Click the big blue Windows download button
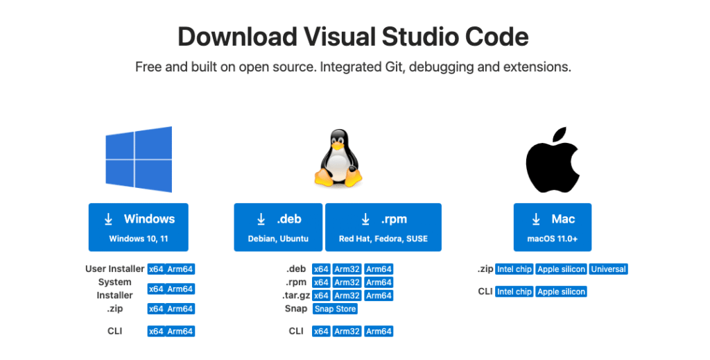coord(138,227)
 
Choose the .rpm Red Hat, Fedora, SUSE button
coord(383,227)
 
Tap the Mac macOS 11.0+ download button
coord(553,227)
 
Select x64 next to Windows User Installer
coord(156,269)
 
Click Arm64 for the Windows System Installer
coord(180,289)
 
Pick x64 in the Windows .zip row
coord(156,309)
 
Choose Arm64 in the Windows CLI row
coord(180,332)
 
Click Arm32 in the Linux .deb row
coord(347,269)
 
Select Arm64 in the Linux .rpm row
coord(379,282)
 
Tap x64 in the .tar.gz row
coord(321,295)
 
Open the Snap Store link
coord(335,309)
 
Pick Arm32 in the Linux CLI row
coord(347,332)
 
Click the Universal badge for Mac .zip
coord(608,269)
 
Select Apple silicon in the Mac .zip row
coord(561,269)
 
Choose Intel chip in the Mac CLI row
coord(514,291)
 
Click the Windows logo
coord(139,160)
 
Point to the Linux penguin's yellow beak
coord(338,147)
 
